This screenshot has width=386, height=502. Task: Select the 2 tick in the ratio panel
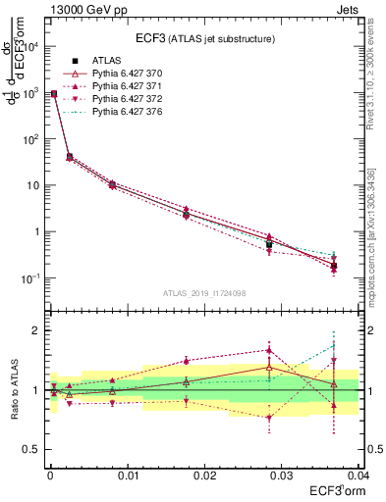coord(37,330)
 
